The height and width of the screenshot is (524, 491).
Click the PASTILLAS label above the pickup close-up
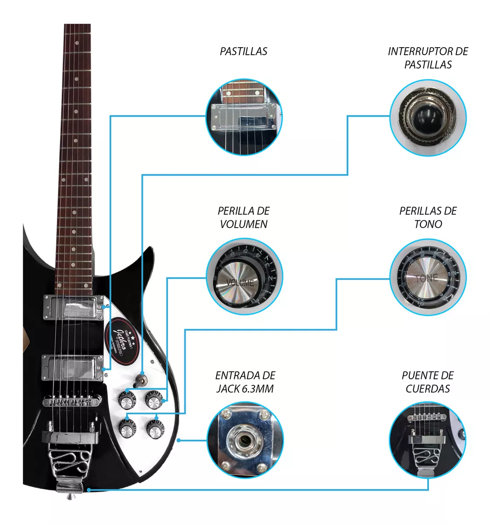pos(243,52)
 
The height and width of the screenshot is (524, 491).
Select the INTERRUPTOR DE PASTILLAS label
pos(428,58)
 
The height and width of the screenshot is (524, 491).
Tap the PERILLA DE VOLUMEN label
pos(243,218)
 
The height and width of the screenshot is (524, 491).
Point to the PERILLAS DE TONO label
pos(428,218)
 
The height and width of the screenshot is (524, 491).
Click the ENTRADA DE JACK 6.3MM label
pos(245,382)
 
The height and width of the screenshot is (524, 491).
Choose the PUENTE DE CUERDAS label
pos(428,382)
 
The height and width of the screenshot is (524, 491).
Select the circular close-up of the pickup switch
pos(428,117)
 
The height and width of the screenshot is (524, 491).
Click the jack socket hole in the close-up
pos(244,439)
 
